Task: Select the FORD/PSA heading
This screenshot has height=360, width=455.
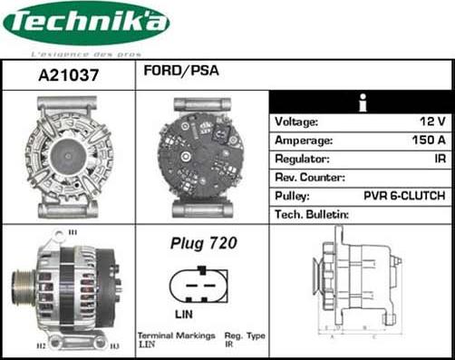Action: pyautogui.click(x=179, y=70)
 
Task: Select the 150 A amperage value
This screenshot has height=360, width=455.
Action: pyautogui.click(x=427, y=141)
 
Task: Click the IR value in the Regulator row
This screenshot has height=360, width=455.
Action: pyautogui.click(x=438, y=159)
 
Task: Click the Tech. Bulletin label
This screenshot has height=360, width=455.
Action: pyautogui.click(x=312, y=214)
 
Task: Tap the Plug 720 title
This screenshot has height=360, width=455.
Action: pyautogui.click(x=203, y=243)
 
